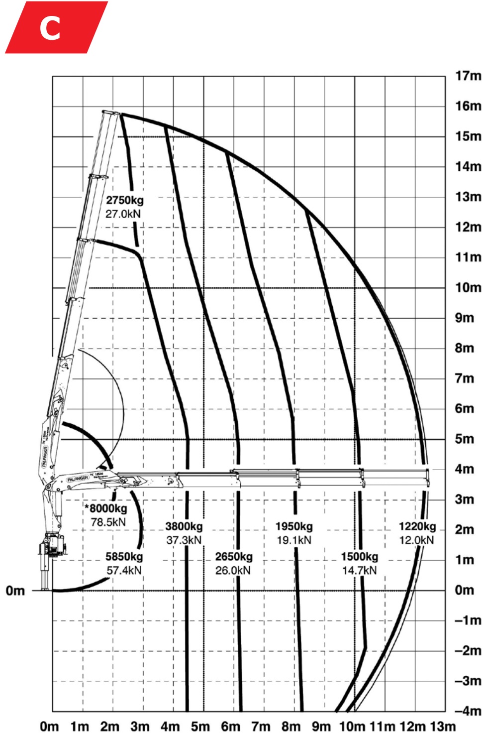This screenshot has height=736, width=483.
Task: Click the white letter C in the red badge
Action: (x=50, y=28)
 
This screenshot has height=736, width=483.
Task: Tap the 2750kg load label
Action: (x=124, y=200)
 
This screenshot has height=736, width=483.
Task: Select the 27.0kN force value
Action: (x=123, y=214)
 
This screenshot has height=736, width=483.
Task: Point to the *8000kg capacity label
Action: (x=106, y=508)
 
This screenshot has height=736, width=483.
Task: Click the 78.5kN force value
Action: (x=108, y=522)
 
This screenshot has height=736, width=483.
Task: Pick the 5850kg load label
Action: (x=124, y=557)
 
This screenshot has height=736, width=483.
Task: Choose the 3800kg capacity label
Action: (x=184, y=526)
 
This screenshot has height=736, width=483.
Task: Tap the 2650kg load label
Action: (x=234, y=557)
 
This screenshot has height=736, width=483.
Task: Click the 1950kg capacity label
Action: (x=294, y=526)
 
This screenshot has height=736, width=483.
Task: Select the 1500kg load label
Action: (x=359, y=557)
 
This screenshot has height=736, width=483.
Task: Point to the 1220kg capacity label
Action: (x=417, y=526)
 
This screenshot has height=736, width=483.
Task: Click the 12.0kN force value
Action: (x=417, y=540)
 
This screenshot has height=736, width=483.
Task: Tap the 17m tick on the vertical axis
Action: (x=468, y=76)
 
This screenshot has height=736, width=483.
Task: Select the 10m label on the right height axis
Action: (x=468, y=287)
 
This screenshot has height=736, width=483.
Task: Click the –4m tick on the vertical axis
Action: (x=467, y=711)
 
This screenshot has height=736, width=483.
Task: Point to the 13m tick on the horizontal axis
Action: (x=443, y=727)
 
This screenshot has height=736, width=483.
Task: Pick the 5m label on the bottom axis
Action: (x=200, y=727)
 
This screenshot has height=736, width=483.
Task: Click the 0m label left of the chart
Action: (x=15, y=591)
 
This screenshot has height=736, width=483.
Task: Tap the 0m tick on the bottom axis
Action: (x=49, y=727)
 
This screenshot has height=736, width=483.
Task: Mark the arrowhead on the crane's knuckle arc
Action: (x=111, y=466)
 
